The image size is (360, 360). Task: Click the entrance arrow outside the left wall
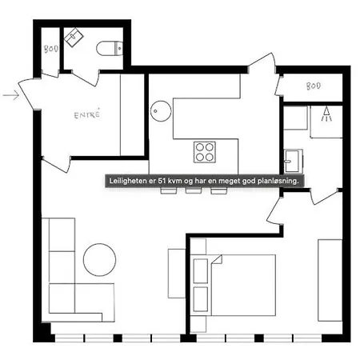coord(11,96)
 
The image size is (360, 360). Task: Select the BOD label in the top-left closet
coord(49,49)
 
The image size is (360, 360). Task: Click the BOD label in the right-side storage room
coord(313,86)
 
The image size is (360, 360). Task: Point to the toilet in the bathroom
coord(108,48)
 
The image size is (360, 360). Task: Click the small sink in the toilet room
coord(75,36)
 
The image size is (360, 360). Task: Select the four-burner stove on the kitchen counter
coord(204,150)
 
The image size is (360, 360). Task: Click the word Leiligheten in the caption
coord(131,182)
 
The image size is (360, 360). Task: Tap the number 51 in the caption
coord(164,182)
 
